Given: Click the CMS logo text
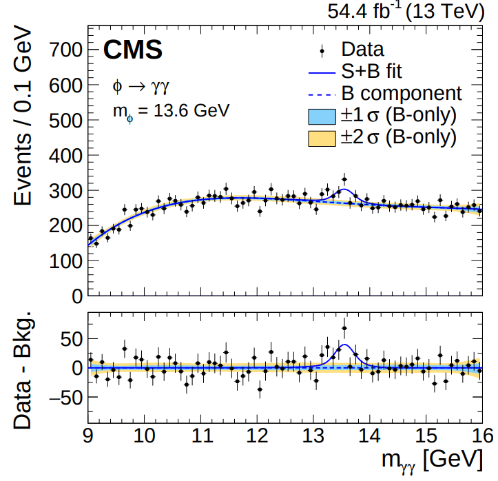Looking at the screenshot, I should click(133, 50).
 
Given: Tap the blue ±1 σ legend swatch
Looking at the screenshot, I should click(322, 114).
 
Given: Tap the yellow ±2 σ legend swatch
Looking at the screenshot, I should click(322, 136).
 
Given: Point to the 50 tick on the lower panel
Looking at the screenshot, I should click(70, 339).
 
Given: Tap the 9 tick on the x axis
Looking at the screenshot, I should click(88, 437).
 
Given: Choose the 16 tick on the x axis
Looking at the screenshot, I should click(481, 437).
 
